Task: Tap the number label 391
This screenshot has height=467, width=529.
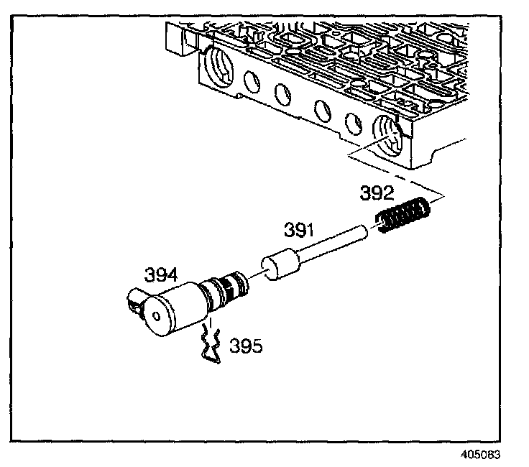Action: click(x=299, y=230)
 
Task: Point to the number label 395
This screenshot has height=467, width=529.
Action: click(x=246, y=346)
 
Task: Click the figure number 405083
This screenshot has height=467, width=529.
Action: click(x=480, y=455)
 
